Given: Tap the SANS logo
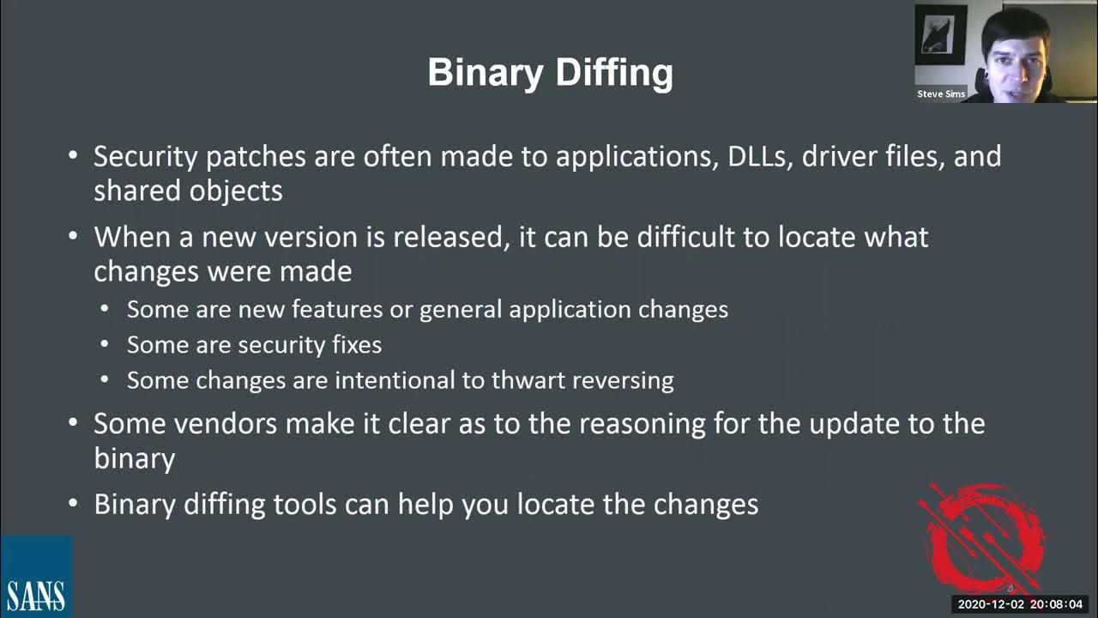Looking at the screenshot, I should click(36, 577).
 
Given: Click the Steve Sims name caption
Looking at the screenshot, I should click(941, 94).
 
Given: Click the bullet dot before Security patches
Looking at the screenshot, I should click(74, 157).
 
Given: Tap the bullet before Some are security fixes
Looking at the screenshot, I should click(105, 345).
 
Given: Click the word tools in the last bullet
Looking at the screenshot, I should click(305, 504).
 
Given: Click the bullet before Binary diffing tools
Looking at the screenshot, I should click(74, 504).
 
